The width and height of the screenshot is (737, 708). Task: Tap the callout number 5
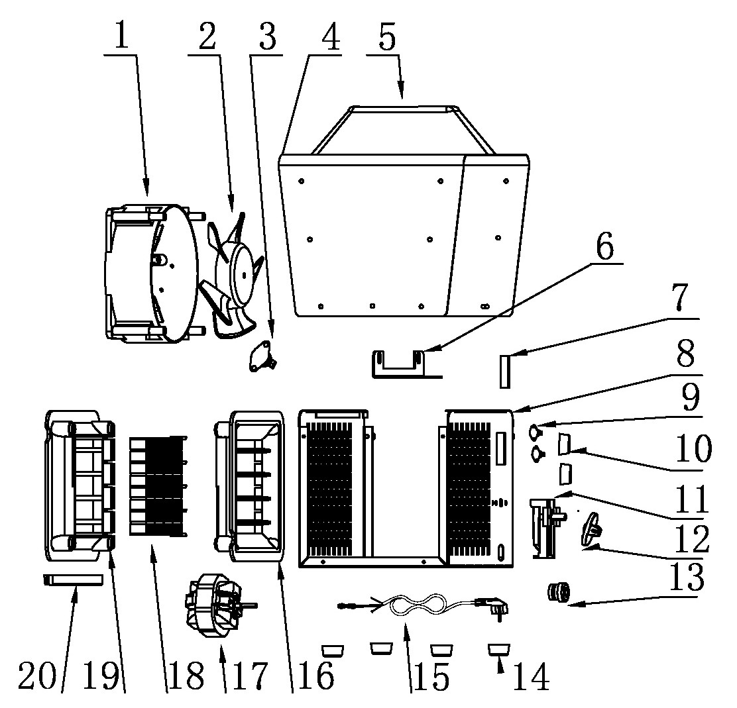click(x=387, y=36)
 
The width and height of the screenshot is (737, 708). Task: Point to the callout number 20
click(x=36, y=676)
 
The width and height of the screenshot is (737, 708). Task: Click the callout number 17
click(x=250, y=676)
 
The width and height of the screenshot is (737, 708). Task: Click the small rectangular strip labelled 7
click(x=505, y=371)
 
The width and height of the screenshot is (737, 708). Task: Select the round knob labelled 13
click(x=559, y=592)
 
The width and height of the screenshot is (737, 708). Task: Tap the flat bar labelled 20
click(x=73, y=580)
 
